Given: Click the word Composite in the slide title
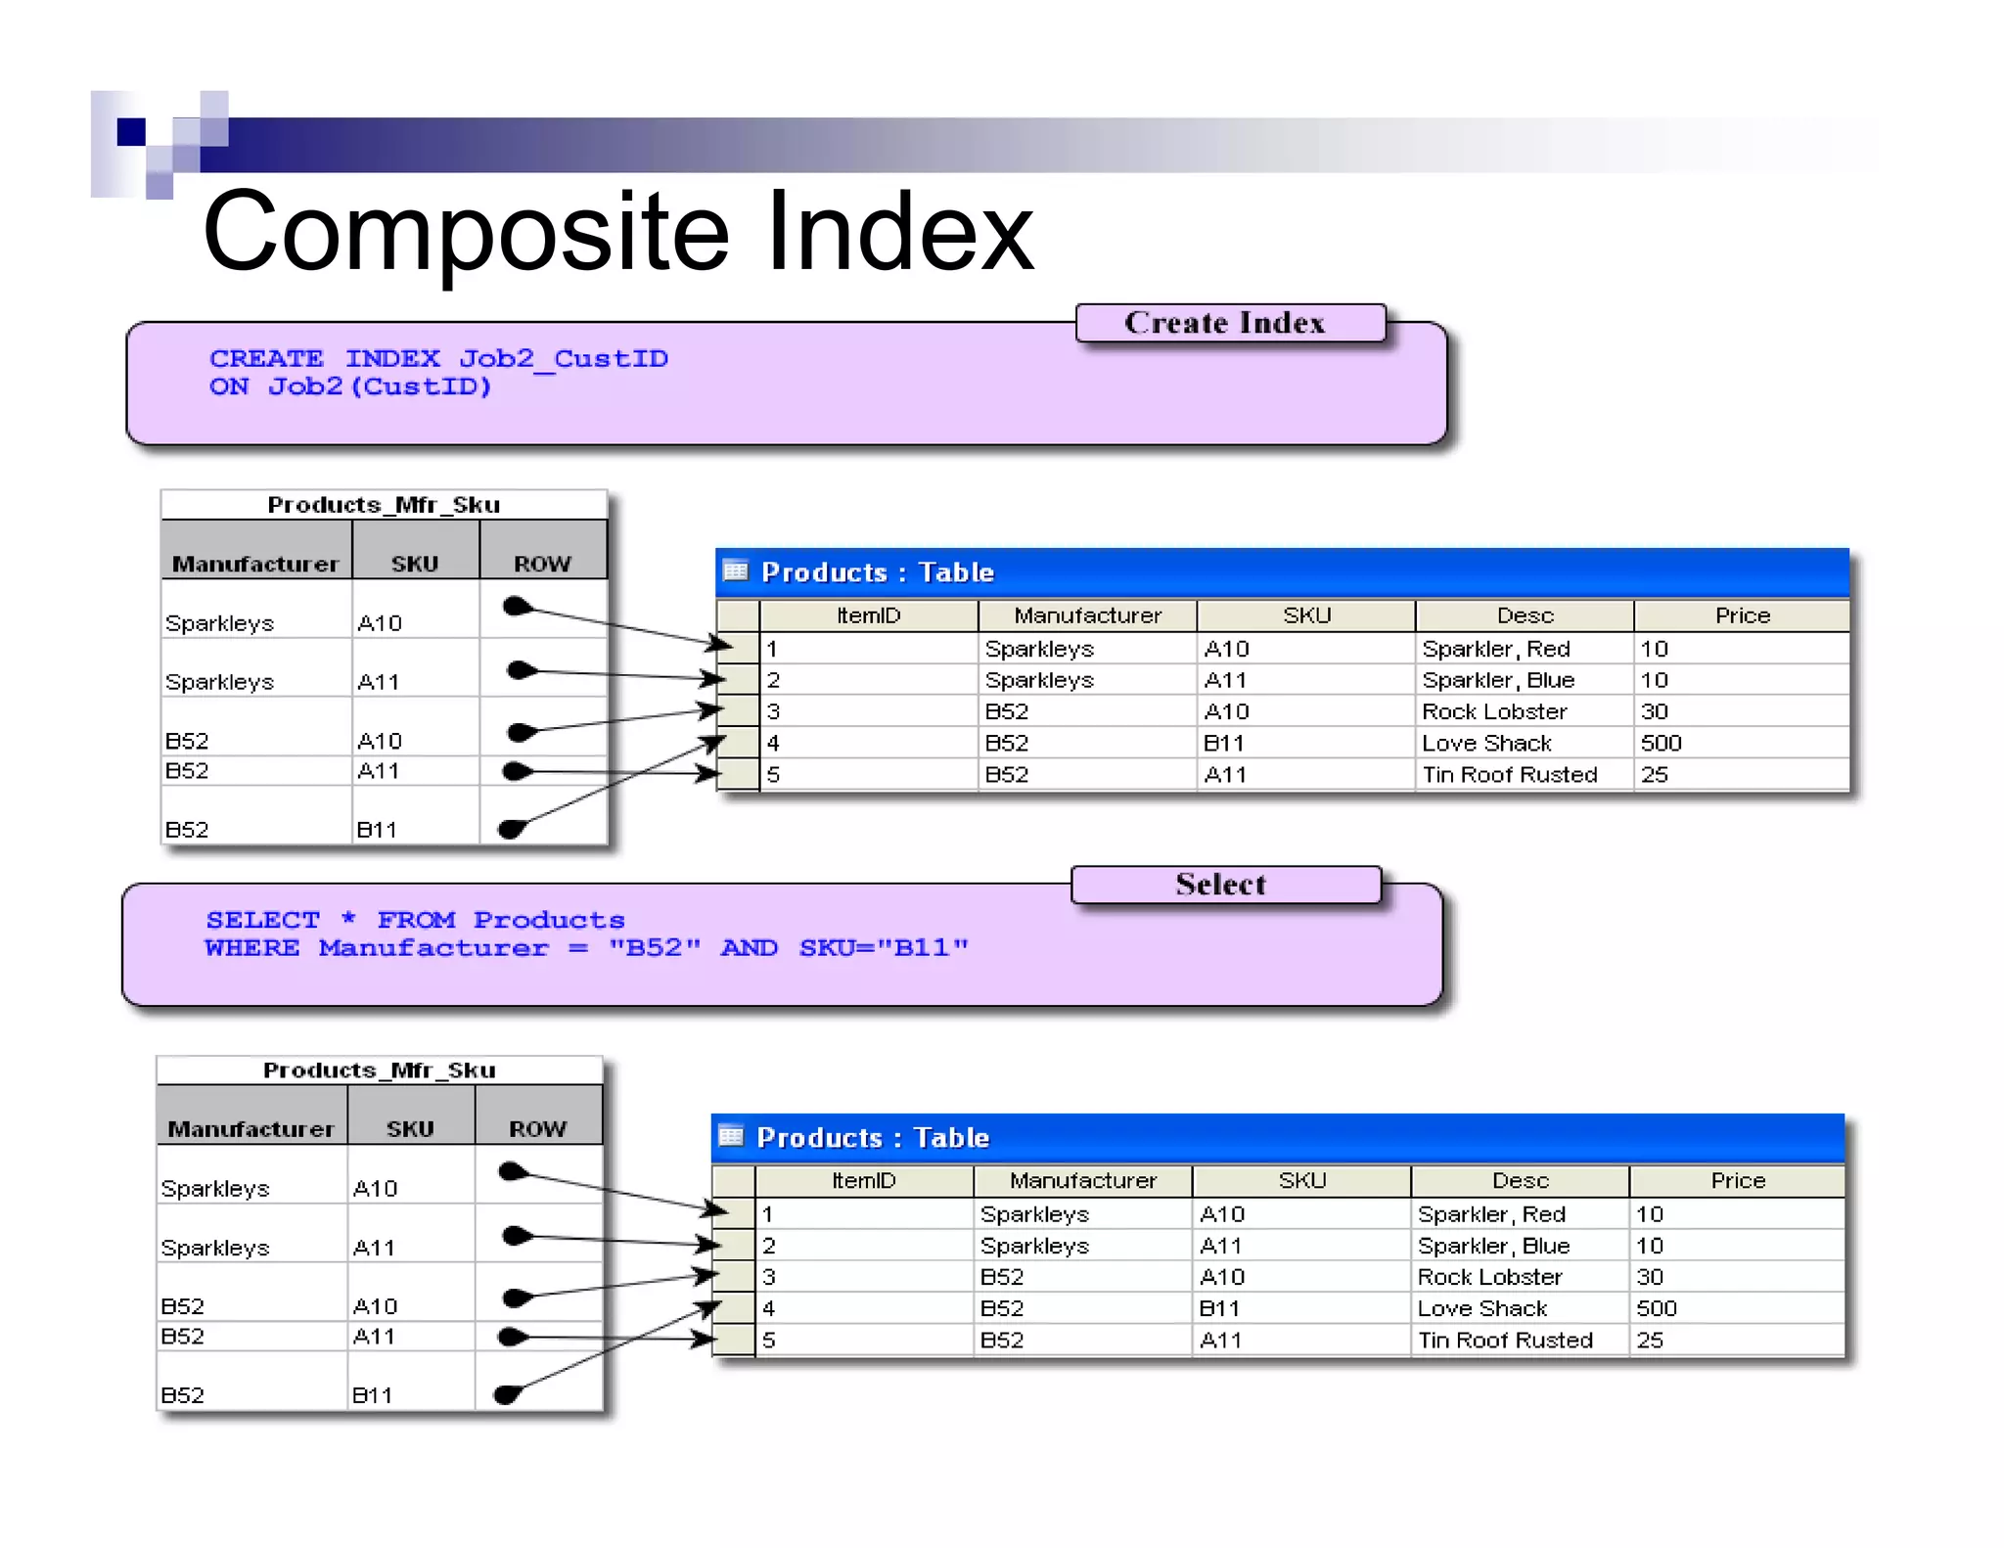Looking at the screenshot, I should [x=466, y=233].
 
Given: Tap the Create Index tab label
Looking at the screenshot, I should [x=1224, y=323].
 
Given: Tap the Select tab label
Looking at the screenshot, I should [x=1220, y=885].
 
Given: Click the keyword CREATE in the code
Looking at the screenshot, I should [x=266, y=359].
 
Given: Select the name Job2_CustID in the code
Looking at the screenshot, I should [x=564, y=359].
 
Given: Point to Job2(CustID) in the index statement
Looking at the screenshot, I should [x=380, y=387].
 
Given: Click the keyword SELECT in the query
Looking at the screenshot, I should [x=262, y=921].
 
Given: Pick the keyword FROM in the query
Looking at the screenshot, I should [x=416, y=921].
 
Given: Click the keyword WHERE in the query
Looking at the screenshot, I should [x=251, y=948].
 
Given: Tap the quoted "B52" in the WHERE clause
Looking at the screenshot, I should [x=655, y=948].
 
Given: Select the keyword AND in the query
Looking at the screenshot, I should [x=749, y=948].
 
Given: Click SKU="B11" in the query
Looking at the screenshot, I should [x=884, y=948].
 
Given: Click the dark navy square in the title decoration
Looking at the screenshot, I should [x=131, y=131].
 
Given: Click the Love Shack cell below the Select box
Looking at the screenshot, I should [x=1481, y=1309].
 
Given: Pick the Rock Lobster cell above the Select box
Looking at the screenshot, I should [x=1494, y=712].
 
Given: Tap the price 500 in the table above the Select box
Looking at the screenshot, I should [x=1661, y=744].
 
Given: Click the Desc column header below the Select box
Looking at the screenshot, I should [x=1520, y=1181].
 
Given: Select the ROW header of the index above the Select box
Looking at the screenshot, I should [x=542, y=565].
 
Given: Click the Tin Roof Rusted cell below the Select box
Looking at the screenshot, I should [x=1505, y=1341].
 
